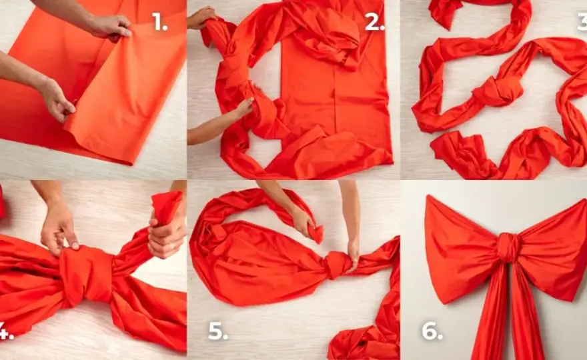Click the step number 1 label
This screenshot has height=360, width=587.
click(x=160, y=22)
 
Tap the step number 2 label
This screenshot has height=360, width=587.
click(x=375, y=23)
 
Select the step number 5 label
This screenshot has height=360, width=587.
click(x=218, y=331)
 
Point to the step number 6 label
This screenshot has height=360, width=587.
click(x=432, y=331)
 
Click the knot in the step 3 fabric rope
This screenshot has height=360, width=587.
click(x=498, y=91)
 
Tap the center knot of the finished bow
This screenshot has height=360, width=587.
click(x=508, y=247)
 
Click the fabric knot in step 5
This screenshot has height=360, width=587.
click(x=338, y=264)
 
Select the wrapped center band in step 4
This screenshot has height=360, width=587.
click(x=87, y=273)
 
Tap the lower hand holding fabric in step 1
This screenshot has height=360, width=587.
click(x=56, y=99)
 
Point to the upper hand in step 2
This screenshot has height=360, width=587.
click(x=200, y=17)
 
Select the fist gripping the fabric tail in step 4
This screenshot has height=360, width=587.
click(x=167, y=237)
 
